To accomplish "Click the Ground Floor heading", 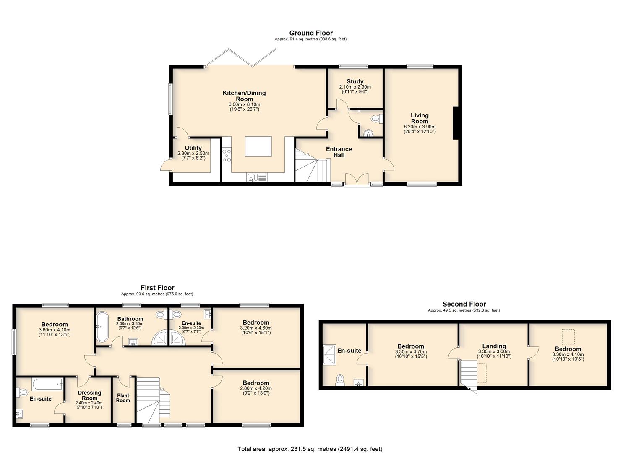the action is (311, 33).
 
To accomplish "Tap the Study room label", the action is (355, 81).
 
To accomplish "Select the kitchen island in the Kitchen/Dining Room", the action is (258, 146).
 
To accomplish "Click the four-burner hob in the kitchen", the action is (227, 156).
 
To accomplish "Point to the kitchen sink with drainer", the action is (257, 177).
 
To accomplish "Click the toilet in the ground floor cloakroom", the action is (376, 119).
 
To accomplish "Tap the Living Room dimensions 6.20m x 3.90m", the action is (420, 127).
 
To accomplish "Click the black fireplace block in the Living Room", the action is (455, 123).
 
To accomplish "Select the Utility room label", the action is (193, 148).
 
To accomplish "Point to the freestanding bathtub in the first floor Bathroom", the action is (102, 326).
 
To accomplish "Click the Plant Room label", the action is (123, 398).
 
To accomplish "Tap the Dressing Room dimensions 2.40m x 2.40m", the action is (89, 403).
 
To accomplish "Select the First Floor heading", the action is (157, 288).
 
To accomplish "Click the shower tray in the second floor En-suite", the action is (329, 355).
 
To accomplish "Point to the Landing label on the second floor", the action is (494, 346).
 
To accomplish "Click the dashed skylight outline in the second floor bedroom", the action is (568, 337).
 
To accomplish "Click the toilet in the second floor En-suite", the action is (340, 380).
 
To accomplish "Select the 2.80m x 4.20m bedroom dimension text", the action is (256, 388).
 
